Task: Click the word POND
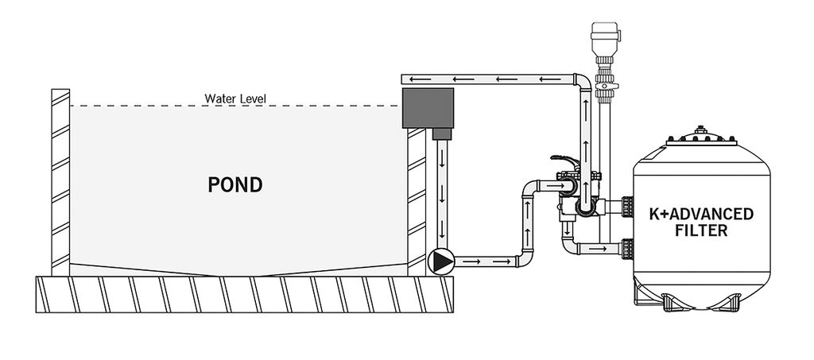tap(235, 185)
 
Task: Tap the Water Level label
tap(235, 99)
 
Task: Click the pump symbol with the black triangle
tap(441, 261)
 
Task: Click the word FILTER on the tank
tap(700, 230)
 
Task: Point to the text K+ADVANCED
tap(700, 215)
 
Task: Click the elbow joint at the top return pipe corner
tap(582, 83)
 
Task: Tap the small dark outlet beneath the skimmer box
tap(442, 134)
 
